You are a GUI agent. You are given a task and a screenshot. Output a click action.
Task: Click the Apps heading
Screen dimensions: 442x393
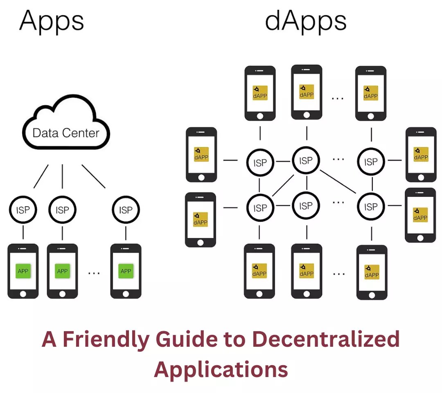coord(52,21)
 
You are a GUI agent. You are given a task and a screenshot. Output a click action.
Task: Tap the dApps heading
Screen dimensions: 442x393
coord(306,21)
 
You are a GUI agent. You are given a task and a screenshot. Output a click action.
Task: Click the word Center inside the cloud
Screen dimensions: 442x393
coord(81,133)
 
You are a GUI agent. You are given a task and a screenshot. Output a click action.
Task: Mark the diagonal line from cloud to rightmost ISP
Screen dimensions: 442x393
coord(93,176)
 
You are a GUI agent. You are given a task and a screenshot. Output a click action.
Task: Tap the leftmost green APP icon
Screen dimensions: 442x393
coord(23,271)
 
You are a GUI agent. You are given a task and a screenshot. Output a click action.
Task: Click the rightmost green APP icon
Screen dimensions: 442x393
coord(126,271)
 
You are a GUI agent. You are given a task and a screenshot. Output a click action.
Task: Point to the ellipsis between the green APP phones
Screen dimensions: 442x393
coord(94,273)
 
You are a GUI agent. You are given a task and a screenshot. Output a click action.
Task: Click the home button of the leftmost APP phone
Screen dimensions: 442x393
coord(23,294)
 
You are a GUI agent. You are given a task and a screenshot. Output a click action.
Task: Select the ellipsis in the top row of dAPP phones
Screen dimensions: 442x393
coord(338,99)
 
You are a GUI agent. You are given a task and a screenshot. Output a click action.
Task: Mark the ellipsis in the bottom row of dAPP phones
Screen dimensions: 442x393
coord(338,274)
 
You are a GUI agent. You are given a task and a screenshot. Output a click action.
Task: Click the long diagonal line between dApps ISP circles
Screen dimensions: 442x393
coord(338,182)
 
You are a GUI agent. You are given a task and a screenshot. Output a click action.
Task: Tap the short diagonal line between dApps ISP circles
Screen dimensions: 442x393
coord(283,185)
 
